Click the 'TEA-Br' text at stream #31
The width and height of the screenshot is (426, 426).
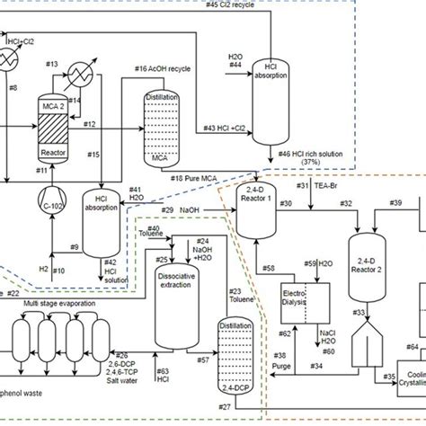pos(328,186)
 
